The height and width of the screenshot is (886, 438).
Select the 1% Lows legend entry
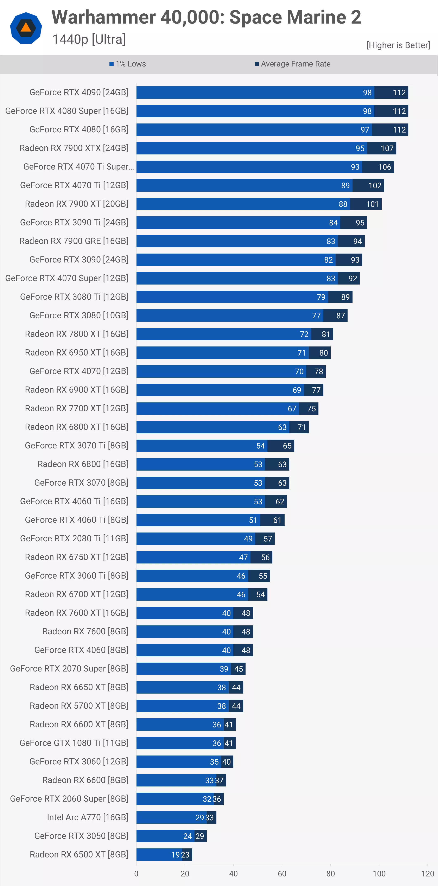[128, 64]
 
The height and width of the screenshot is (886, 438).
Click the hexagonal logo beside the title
[26, 28]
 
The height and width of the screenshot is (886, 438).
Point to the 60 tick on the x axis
[282, 874]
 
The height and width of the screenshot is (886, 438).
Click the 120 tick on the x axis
[427, 874]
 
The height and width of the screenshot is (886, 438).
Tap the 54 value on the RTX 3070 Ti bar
[260, 446]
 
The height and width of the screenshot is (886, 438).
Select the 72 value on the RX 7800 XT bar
[304, 334]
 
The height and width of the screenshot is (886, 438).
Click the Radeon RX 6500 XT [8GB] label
[79, 855]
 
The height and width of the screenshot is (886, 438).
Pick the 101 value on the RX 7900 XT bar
[372, 204]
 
